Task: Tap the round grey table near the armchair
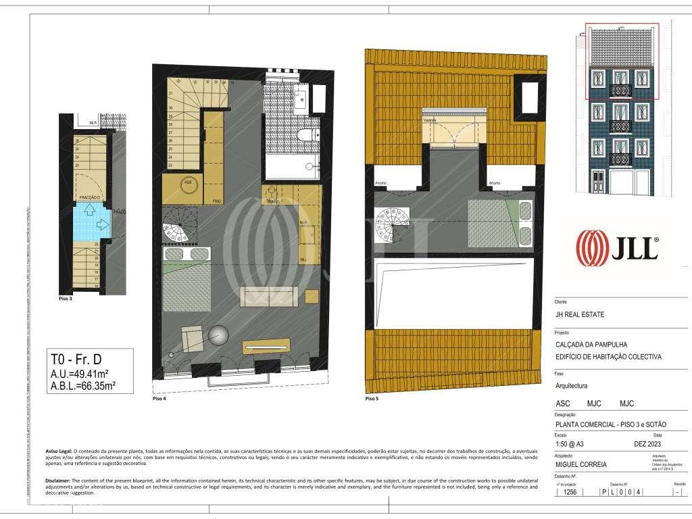coord(218,336)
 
